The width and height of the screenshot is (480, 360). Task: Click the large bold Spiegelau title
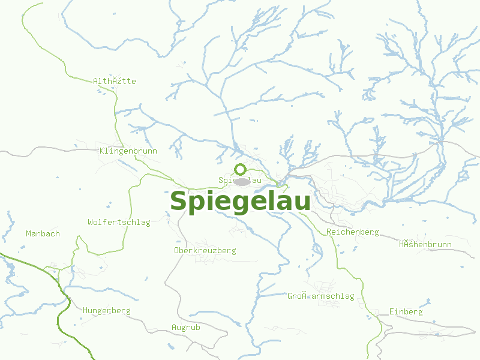[x=240, y=202]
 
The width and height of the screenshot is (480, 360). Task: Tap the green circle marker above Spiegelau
[x=240, y=169]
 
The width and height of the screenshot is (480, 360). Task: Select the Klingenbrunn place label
[x=128, y=151]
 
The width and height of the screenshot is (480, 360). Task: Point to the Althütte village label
[x=115, y=81]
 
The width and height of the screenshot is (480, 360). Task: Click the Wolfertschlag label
[x=119, y=223]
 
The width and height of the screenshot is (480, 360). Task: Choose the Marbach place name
[x=43, y=233]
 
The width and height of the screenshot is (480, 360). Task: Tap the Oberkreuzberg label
[x=205, y=250]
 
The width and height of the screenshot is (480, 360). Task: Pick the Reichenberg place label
[x=353, y=232]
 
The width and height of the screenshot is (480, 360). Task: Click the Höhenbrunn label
[x=425, y=244]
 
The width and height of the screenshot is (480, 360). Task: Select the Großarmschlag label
[x=320, y=296]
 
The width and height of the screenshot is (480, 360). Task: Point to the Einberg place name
[x=406, y=312]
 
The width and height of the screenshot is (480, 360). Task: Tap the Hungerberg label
[x=107, y=311]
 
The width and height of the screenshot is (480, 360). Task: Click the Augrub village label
[x=186, y=328]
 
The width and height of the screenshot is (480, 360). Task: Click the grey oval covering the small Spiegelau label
[x=242, y=181]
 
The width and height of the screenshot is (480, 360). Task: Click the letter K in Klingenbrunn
[x=103, y=151]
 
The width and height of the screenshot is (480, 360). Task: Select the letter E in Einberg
[x=391, y=312]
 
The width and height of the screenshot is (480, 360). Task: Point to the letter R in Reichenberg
[x=329, y=232]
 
